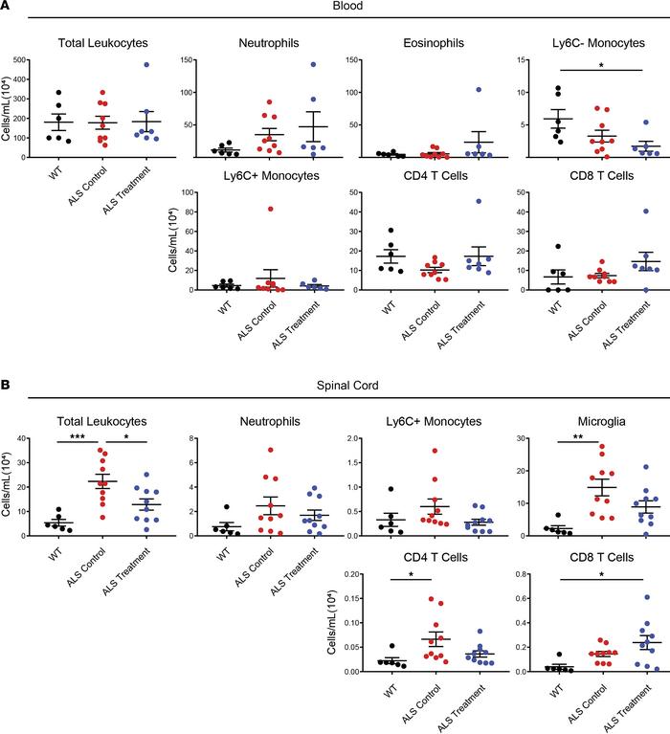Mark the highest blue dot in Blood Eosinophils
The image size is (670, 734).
click(x=449, y=90)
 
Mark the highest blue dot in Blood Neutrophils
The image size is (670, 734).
click(x=312, y=65)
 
